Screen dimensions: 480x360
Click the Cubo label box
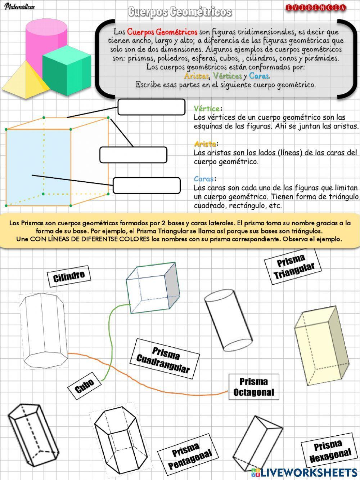(85, 386)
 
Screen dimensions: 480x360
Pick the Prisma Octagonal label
(253, 387)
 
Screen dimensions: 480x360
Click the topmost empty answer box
(151, 107)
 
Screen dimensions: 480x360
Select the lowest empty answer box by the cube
(147, 185)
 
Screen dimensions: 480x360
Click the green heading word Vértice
(207, 108)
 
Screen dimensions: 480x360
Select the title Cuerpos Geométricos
(180, 12)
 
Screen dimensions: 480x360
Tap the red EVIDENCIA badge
(316, 8)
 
